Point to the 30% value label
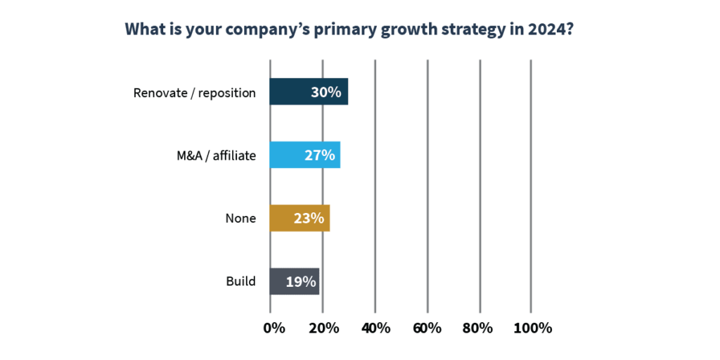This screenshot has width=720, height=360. pyautogui.click(x=326, y=92)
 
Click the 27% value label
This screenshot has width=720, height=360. pyautogui.click(x=319, y=155)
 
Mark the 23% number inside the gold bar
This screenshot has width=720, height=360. pyautogui.click(x=309, y=218)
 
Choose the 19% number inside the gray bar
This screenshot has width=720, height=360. pyautogui.click(x=300, y=281)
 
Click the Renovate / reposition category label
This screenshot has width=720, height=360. pyautogui.click(x=194, y=93)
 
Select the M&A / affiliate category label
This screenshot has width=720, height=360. pyautogui.click(x=217, y=155)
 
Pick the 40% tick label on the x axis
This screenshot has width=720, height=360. pyautogui.click(x=376, y=328)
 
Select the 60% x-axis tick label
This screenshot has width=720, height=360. pyautogui.click(x=427, y=328)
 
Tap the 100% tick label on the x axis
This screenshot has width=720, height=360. pyautogui.click(x=533, y=328)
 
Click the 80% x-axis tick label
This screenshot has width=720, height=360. pyautogui.click(x=480, y=328)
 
